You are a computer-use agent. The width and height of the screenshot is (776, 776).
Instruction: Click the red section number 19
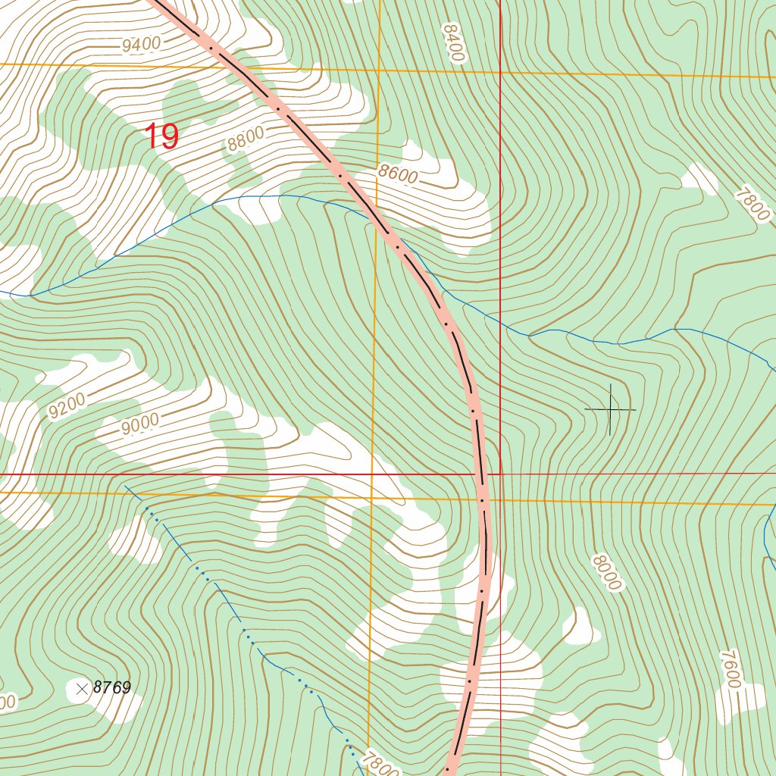point(161,136)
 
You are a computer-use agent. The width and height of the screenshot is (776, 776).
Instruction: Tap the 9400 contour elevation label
point(141,45)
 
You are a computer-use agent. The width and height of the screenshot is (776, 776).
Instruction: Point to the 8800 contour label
point(246,139)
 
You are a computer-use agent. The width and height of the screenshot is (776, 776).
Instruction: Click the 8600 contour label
point(399,174)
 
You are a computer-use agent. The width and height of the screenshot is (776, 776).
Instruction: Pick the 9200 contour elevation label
point(67,405)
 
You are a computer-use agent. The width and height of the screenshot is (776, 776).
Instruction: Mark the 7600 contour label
point(729,669)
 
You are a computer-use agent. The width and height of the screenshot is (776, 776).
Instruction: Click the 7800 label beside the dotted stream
point(380,762)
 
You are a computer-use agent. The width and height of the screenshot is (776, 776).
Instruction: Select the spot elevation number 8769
point(112,688)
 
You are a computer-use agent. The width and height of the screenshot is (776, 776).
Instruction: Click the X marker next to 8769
point(82,688)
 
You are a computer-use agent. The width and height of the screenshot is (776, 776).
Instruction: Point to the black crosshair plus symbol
point(610,409)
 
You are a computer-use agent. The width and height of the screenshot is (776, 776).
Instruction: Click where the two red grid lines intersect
point(501,474)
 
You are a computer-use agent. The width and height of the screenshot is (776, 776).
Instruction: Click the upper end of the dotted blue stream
point(126,485)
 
